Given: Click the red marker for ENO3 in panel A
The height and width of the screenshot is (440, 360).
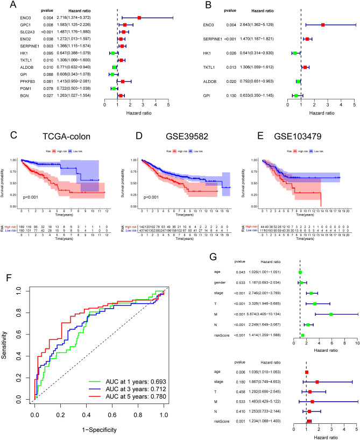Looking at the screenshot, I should point(139,18).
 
